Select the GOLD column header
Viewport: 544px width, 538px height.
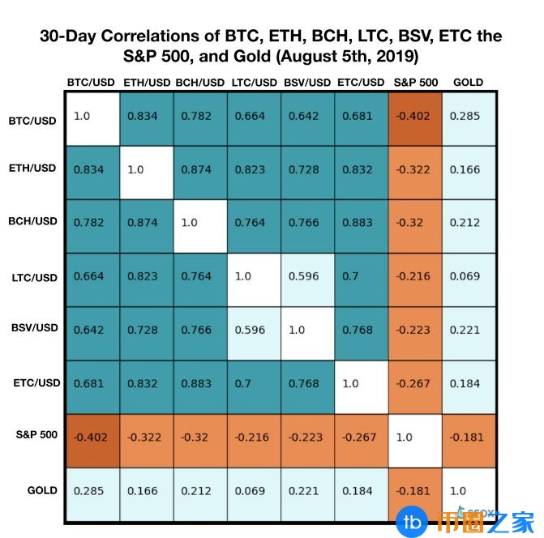[469, 83]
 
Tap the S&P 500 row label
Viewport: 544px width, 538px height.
[36, 435]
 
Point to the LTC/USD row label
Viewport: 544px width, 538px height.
[36, 277]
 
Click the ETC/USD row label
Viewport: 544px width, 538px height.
[36, 382]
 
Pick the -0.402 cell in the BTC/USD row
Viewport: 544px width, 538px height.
[415, 117]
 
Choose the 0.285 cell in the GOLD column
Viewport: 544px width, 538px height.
[469, 117]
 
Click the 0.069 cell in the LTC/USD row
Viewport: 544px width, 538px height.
[469, 277]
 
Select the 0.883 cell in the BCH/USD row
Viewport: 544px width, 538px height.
[362, 224]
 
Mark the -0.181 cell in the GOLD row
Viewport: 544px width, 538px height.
[415, 491]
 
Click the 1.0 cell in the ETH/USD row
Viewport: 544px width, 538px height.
[147, 171]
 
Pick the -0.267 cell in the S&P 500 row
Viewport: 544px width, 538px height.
[362, 438]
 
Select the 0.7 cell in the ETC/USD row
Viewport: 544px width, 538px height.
[255, 384]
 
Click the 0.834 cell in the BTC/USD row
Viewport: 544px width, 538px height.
[147, 117]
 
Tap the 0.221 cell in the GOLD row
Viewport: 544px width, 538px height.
[308, 491]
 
